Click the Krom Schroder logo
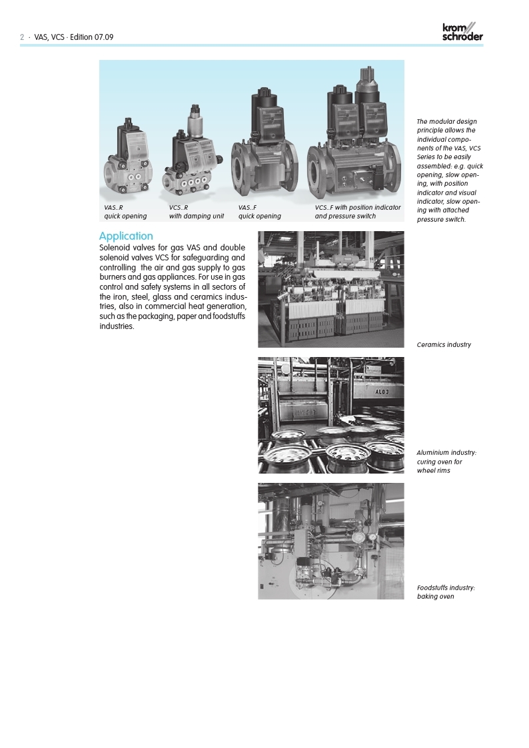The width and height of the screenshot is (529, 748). [462, 33]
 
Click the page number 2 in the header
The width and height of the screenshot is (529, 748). [22, 37]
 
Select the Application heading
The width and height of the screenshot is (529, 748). [126, 236]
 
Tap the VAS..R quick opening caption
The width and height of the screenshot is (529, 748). [125, 212]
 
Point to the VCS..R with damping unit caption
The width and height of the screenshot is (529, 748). [196, 212]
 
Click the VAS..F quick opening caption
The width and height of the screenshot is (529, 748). [259, 212]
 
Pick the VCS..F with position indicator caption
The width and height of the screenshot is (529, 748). [358, 212]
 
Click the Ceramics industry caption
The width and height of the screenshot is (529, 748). [444, 345]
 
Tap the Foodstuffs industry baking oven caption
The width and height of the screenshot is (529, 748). [446, 592]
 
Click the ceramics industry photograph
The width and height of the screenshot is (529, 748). [330, 289]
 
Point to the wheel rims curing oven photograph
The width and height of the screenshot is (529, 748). [330, 415]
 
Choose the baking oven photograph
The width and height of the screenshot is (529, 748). [330, 541]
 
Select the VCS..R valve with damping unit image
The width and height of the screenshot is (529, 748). [193, 157]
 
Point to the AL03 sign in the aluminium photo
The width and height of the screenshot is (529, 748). [382, 392]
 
